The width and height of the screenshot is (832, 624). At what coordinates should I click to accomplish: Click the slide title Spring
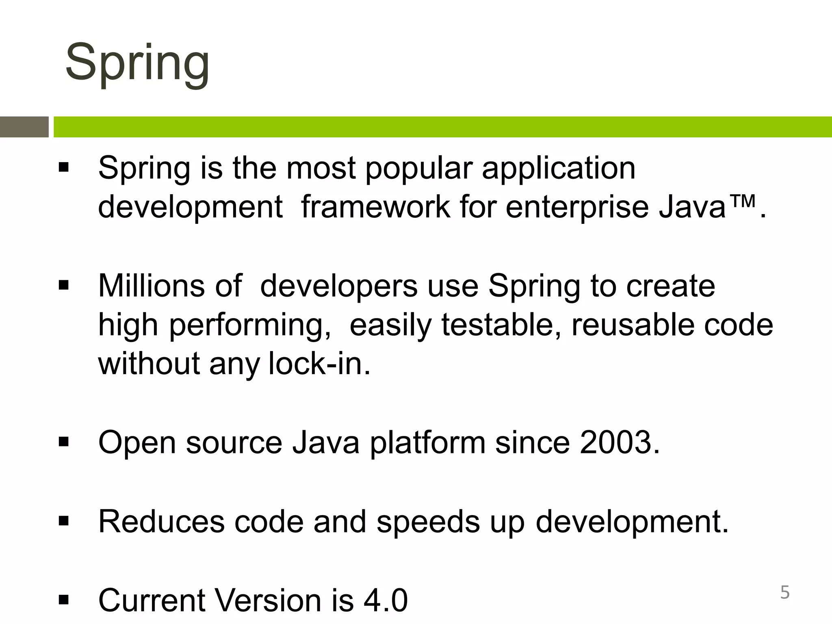(x=137, y=63)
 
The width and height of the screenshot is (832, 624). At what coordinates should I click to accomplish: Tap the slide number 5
(x=785, y=593)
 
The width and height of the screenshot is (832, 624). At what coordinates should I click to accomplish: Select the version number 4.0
(x=386, y=600)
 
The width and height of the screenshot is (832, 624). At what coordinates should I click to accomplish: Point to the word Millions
(x=151, y=286)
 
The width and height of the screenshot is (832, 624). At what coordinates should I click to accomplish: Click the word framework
(x=375, y=207)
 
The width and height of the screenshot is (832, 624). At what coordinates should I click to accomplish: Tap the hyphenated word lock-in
(x=319, y=363)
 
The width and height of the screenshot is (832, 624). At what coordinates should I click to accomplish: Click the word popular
(x=419, y=168)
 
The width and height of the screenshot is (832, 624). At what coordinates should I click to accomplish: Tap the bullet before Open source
(x=64, y=442)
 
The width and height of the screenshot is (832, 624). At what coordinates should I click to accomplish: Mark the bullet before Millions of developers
(x=64, y=286)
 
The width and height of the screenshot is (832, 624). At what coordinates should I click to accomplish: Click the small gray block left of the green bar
(x=24, y=127)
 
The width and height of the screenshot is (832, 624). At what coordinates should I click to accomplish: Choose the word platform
(x=427, y=443)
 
